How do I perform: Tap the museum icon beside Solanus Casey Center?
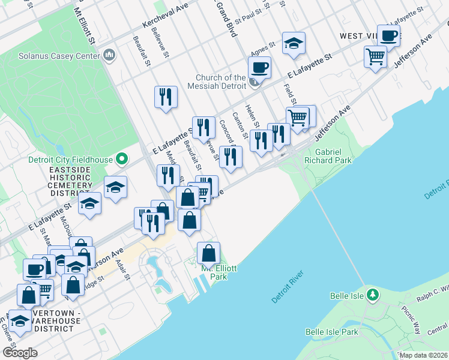tap(109, 56)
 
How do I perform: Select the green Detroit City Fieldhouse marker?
tap(122, 160)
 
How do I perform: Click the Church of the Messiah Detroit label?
tap(221, 82)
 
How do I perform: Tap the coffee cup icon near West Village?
tap(388, 35)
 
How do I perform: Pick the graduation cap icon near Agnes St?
tap(294, 43)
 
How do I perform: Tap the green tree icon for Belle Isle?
tap(373, 295)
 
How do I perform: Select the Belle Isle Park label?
tap(331, 332)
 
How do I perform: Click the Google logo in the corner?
tap(20, 352)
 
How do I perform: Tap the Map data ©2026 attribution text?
tap(423, 355)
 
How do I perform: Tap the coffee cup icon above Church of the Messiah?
tap(259, 68)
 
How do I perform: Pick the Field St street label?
tap(289, 92)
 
